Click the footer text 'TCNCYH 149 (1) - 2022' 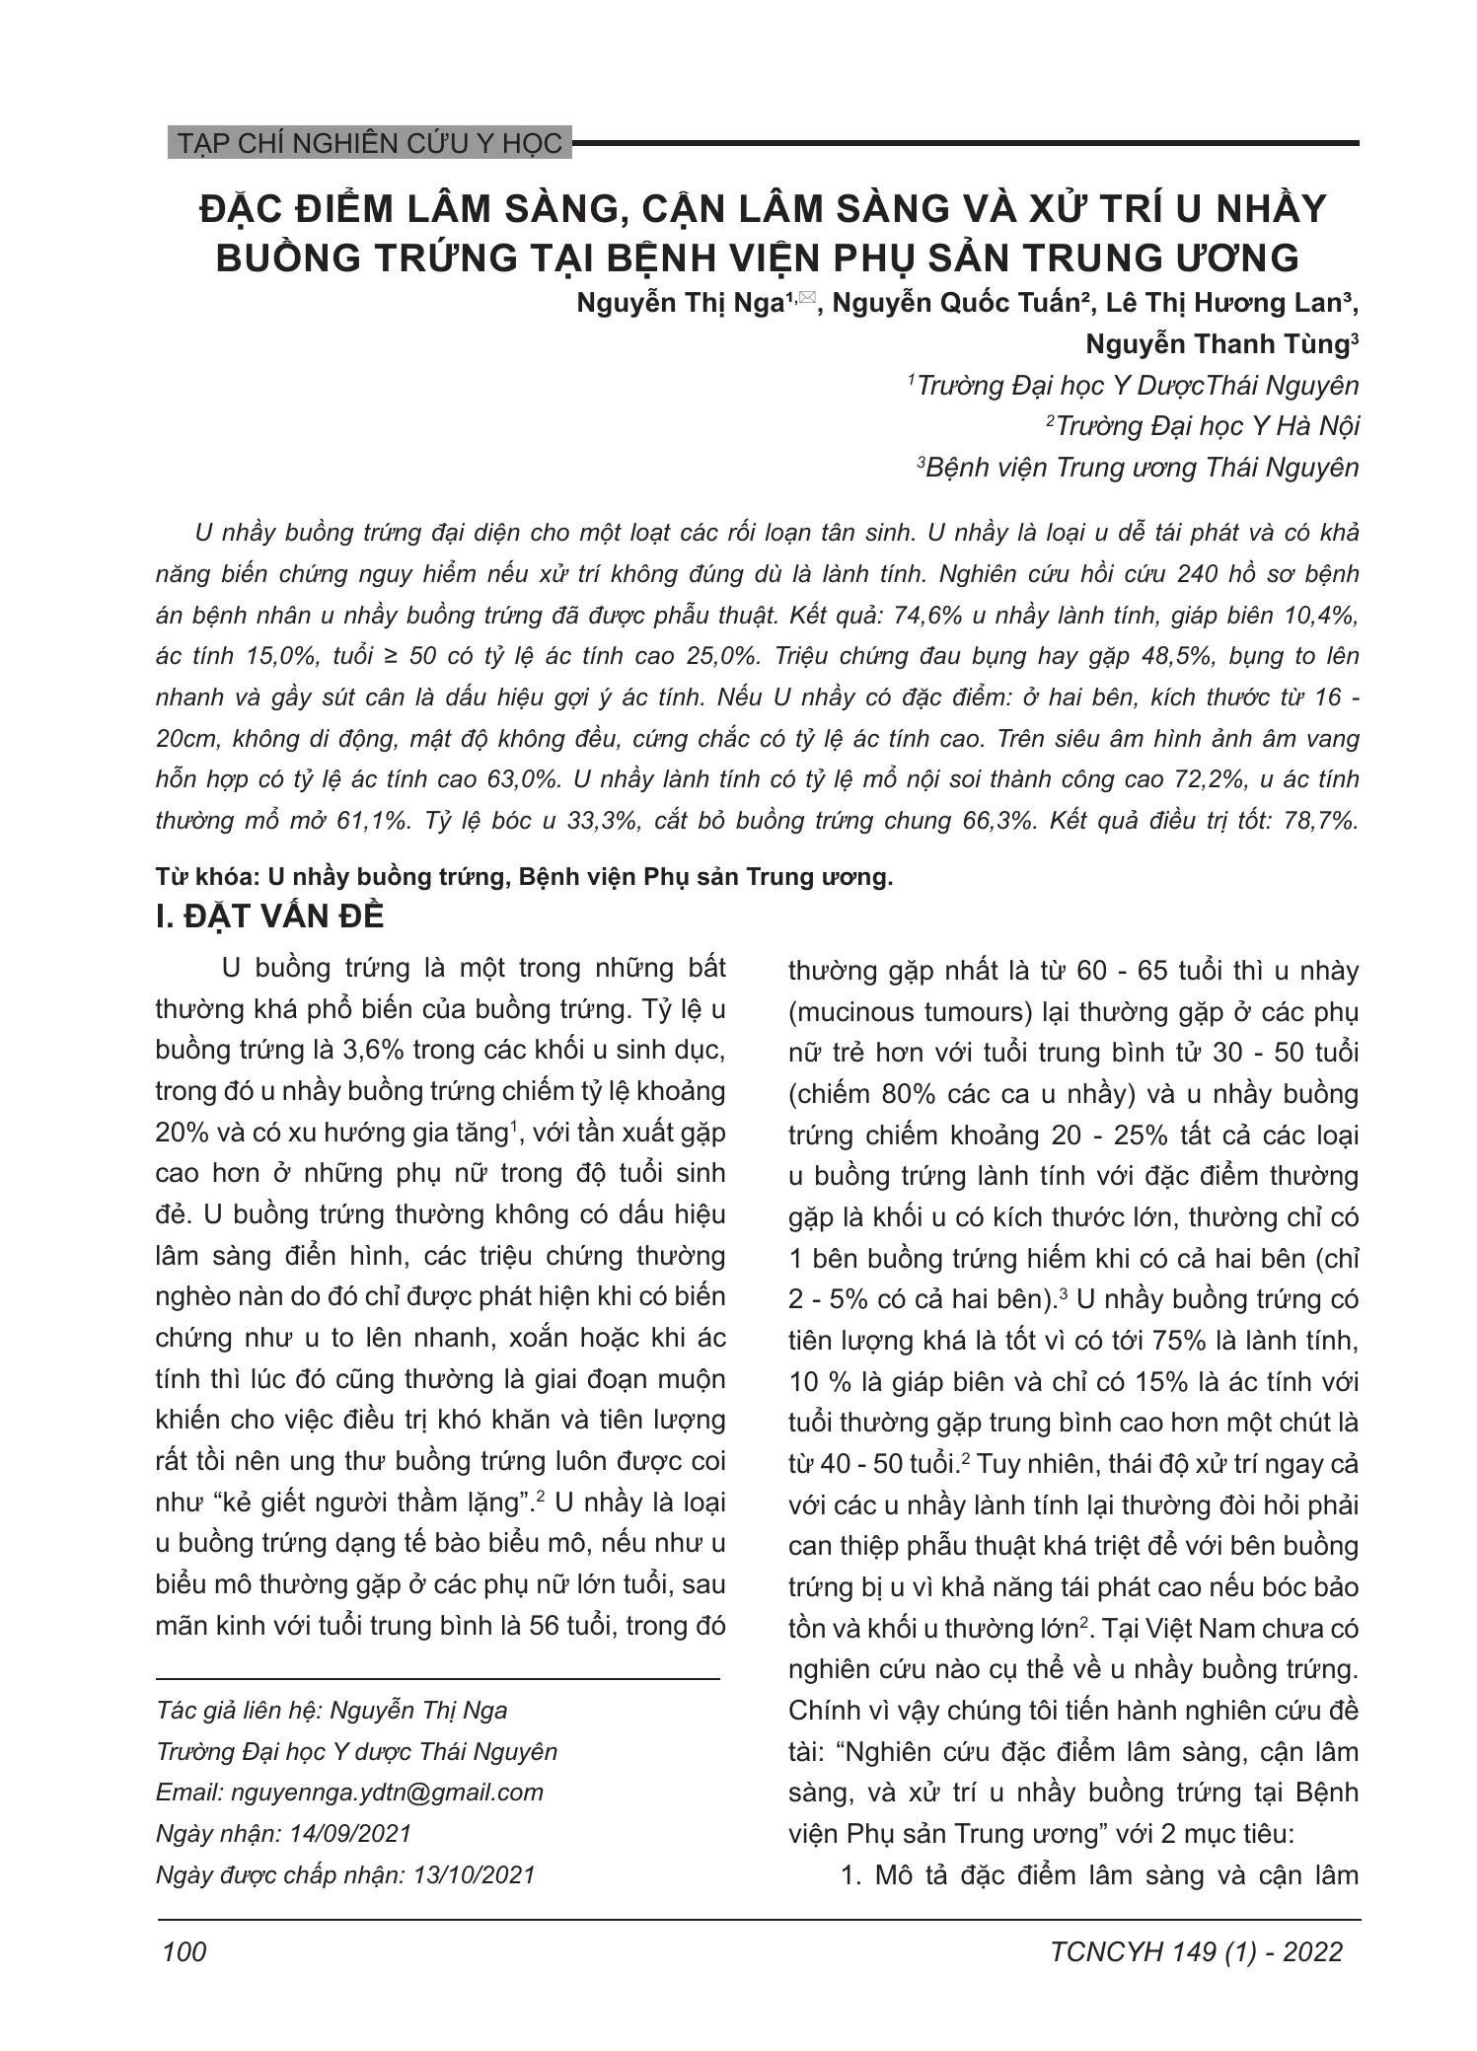tap(1197, 1952)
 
